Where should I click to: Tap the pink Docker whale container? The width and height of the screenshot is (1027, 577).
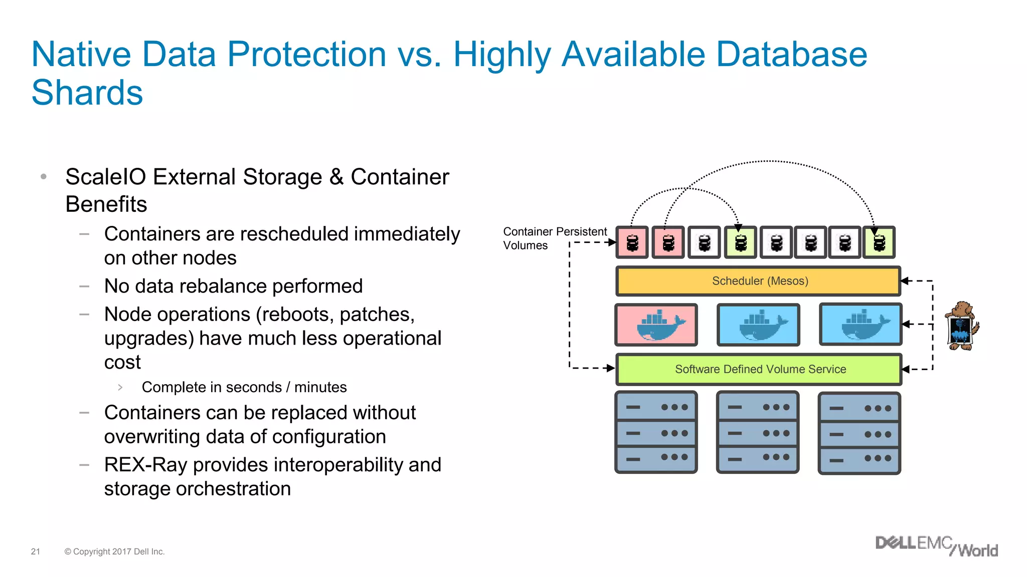(656, 325)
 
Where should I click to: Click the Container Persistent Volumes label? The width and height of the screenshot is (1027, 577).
(554, 238)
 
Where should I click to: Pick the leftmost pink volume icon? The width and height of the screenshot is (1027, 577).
(632, 243)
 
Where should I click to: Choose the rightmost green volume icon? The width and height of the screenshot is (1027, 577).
(879, 243)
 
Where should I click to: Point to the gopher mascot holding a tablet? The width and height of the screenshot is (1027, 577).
(961, 326)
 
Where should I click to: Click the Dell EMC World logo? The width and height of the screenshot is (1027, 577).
(936, 546)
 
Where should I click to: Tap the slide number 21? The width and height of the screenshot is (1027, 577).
(36, 551)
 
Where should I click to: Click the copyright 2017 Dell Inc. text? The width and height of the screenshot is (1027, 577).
(114, 551)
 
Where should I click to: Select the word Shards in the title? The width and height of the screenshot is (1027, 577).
(87, 93)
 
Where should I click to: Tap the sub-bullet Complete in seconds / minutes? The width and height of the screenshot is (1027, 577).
(244, 387)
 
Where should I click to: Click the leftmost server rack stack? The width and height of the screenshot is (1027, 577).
(656, 433)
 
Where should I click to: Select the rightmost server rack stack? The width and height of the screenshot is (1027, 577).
(859, 433)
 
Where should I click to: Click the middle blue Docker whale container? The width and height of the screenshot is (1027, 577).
(758, 325)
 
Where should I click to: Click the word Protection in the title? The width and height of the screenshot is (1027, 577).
(306, 54)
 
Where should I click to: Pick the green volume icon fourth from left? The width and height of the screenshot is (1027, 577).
(741, 243)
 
